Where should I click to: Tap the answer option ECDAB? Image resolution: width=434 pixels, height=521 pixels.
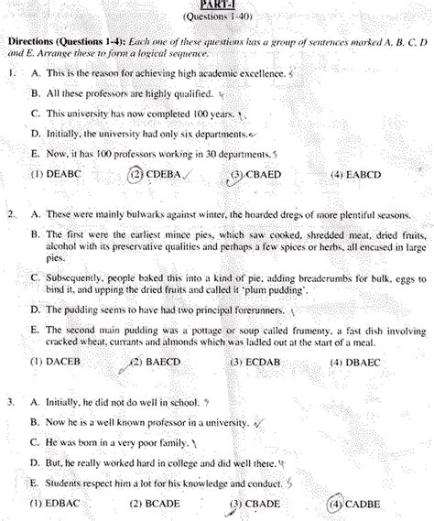pos(254,363)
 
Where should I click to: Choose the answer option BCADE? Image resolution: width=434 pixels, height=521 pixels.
pos(155,503)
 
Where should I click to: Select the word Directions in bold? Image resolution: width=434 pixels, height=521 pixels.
pos(34,44)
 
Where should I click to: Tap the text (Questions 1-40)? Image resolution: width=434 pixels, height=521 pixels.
pos(216,17)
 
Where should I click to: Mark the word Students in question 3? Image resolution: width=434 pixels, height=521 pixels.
pos(68,482)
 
